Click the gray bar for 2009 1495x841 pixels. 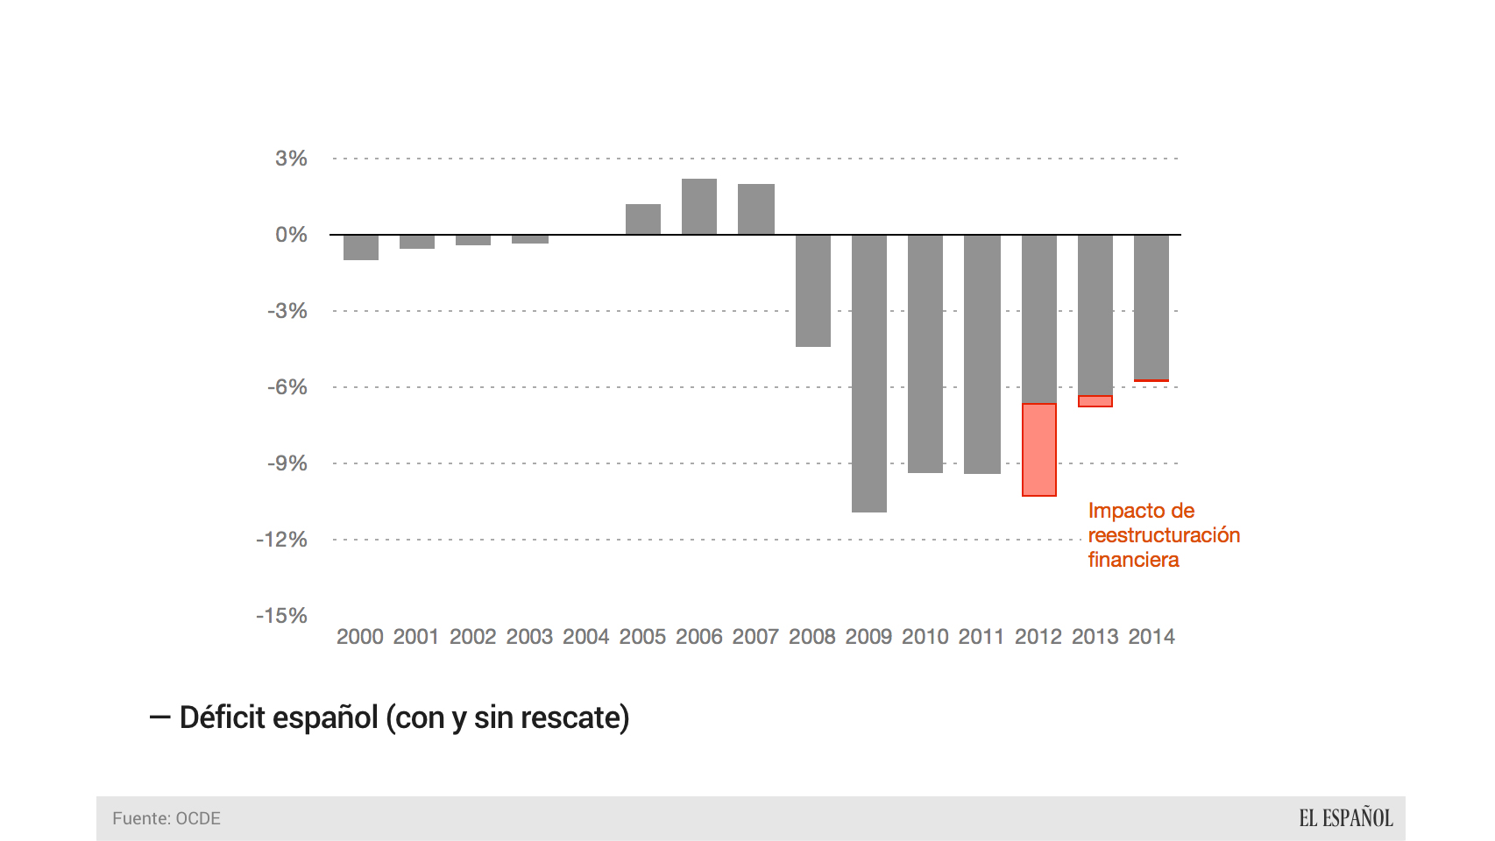click(x=869, y=373)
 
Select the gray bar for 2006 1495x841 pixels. click(x=699, y=207)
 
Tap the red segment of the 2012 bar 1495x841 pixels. click(x=1039, y=449)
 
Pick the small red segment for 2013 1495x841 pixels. click(x=1095, y=401)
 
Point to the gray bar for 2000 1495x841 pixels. click(x=361, y=247)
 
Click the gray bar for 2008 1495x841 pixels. click(x=813, y=291)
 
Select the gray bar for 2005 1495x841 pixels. click(x=643, y=219)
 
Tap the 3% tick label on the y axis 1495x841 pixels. click(x=291, y=159)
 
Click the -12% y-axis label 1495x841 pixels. click(x=282, y=540)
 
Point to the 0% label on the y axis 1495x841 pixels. click(x=291, y=235)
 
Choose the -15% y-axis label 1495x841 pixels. click(x=282, y=616)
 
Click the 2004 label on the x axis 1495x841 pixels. click(x=586, y=637)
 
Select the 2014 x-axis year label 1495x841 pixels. click(x=1151, y=637)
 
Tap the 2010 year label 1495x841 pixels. click(x=925, y=637)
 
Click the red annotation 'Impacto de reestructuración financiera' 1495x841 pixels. click(x=1163, y=535)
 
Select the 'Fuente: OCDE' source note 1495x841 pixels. click(x=167, y=818)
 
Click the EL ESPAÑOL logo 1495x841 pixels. click(x=1345, y=818)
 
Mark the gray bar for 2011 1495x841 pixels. click(x=982, y=354)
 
